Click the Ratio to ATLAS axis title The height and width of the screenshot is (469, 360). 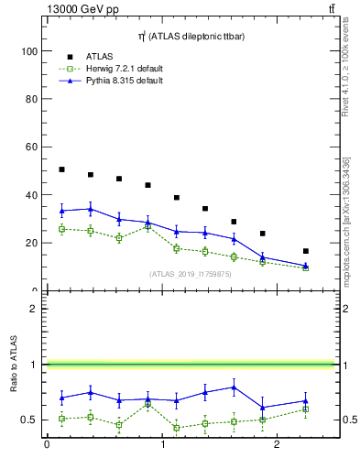14,365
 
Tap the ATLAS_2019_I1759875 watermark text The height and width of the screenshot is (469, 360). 190,273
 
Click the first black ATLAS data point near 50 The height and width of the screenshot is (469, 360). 61,169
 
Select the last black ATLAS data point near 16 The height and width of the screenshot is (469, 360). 306,251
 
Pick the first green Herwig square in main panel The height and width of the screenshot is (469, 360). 61,229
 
